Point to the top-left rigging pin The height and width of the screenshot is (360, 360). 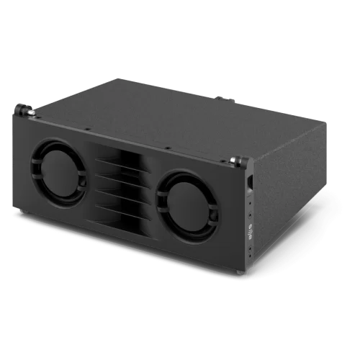coord(26,110)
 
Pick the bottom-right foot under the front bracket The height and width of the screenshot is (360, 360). coord(240,274)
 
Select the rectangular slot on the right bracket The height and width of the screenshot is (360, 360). coord(249,183)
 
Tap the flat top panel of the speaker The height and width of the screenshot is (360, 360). coord(180,115)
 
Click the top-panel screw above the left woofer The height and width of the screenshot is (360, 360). coord(87,130)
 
